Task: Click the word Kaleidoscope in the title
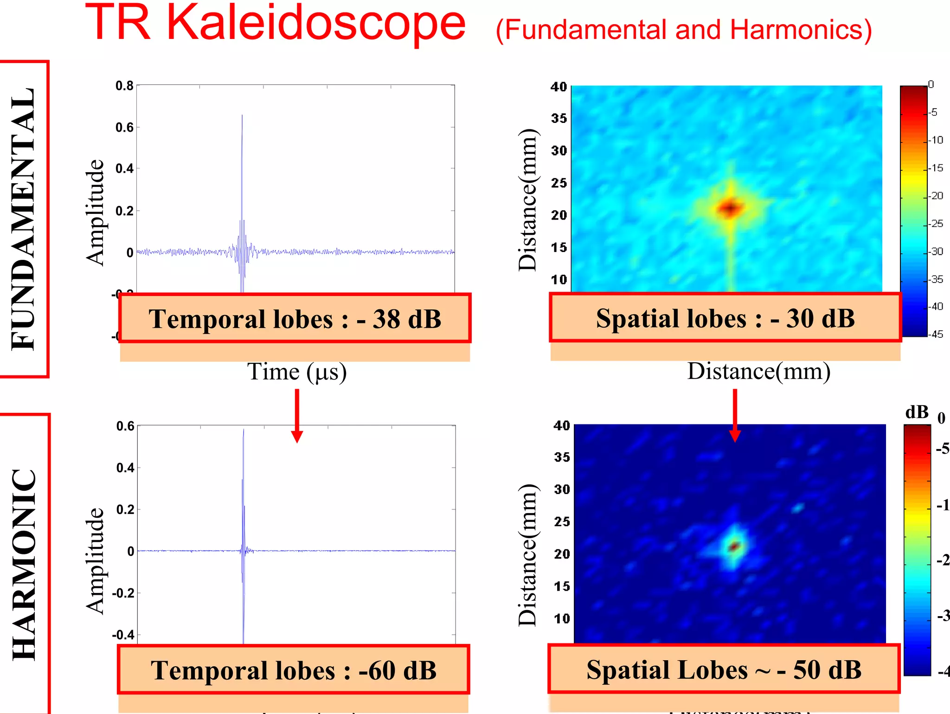tap(315, 23)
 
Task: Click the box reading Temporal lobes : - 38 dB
tap(295, 319)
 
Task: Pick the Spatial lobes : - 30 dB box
tap(725, 318)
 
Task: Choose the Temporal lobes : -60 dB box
tap(294, 670)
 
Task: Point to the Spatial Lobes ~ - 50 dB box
tap(724, 669)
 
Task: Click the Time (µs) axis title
tap(297, 372)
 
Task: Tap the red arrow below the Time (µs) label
tap(297, 415)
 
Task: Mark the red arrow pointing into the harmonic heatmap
tap(735, 415)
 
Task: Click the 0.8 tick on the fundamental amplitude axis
tap(124, 86)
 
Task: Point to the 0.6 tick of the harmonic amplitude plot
tap(125, 426)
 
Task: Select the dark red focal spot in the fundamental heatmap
tap(731, 208)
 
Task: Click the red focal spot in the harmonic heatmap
tap(734, 547)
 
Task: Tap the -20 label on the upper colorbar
tap(937, 196)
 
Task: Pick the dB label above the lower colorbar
tap(917, 412)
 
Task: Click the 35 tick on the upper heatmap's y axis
tap(559, 118)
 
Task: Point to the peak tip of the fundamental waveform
tap(242, 116)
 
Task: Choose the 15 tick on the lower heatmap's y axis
tap(562, 586)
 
